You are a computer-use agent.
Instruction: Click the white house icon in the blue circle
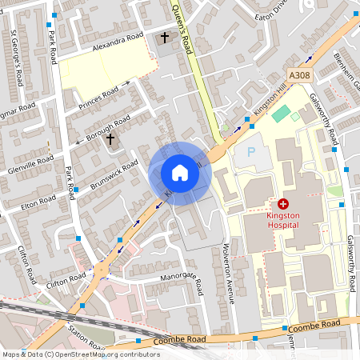point(180,173)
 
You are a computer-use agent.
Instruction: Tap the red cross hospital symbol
point(283,205)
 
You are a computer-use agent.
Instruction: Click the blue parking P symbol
point(250,151)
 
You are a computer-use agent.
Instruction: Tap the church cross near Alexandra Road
point(166,38)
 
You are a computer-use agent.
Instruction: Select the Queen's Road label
point(183,32)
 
